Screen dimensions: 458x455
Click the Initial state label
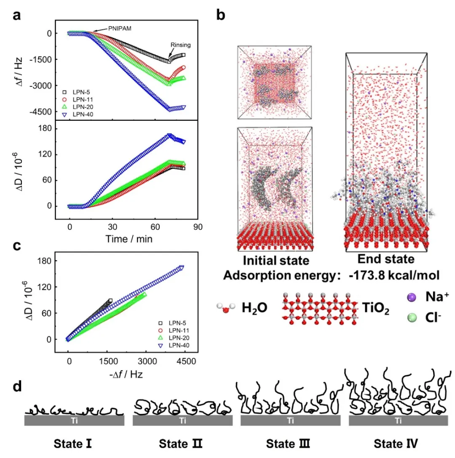pos(273,260)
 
